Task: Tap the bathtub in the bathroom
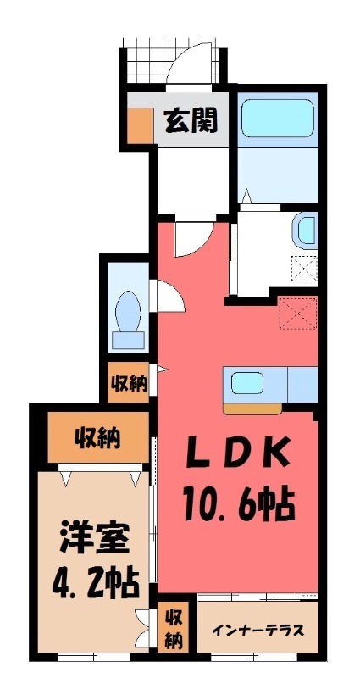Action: point(277,118)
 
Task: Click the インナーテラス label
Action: point(258,631)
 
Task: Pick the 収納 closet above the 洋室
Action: point(96,438)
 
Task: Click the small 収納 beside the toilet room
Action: point(129,383)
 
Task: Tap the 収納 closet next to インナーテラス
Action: point(174,628)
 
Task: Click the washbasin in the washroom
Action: point(306,230)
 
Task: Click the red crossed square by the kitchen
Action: point(299,313)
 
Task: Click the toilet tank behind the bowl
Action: point(129,340)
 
